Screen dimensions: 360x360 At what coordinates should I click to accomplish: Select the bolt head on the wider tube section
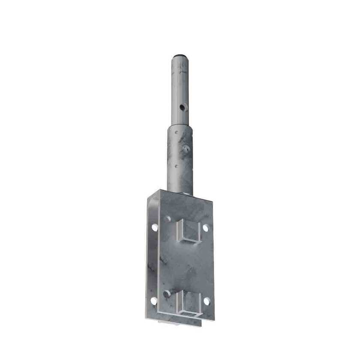[x=186, y=149]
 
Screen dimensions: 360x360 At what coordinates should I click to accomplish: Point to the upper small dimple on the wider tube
[x=175, y=132]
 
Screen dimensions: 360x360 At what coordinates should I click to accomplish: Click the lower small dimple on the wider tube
[x=175, y=165]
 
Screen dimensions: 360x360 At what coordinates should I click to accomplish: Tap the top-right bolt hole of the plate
[x=206, y=228]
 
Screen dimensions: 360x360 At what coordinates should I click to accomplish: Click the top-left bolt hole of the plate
[x=154, y=228]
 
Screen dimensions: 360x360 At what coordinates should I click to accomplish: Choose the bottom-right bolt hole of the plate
[x=207, y=301]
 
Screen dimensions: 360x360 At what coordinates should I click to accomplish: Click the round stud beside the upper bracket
[x=168, y=219]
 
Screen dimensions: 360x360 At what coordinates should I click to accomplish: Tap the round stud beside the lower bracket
[x=167, y=294]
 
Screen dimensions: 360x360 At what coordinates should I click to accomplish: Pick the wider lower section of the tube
[x=180, y=159]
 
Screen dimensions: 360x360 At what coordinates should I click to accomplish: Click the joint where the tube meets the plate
[x=180, y=193]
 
